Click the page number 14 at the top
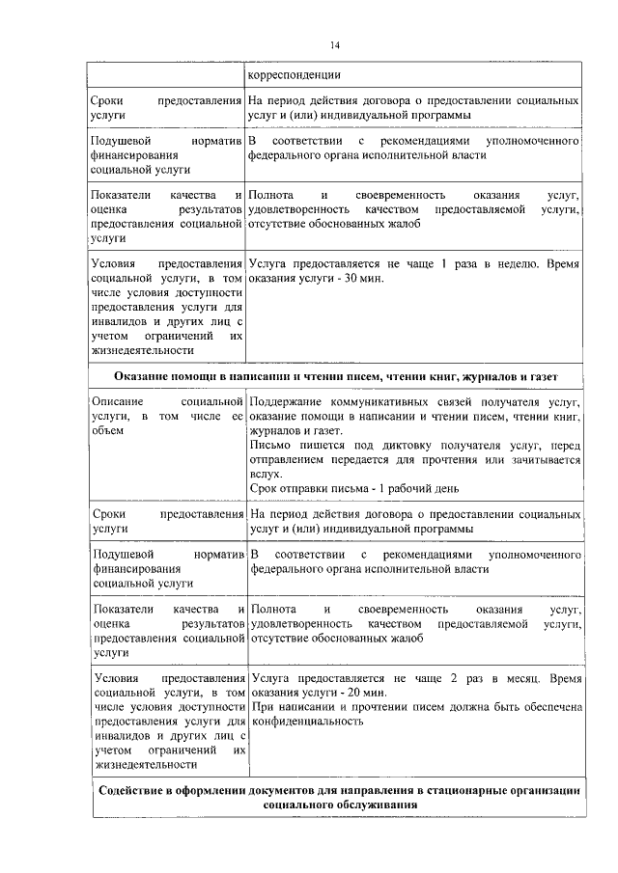click(x=334, y=45)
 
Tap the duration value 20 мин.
click(x=365, y=693)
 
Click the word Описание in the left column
click(x=117, y=401)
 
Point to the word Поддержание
click(x=288, y=401)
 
